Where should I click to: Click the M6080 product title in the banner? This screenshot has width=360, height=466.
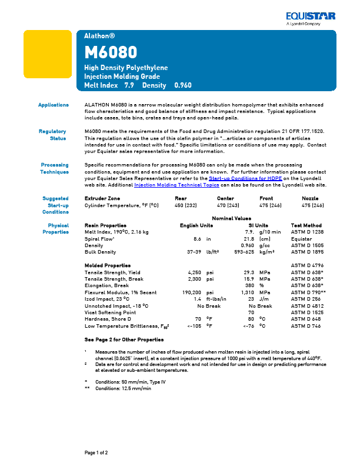[111, 52]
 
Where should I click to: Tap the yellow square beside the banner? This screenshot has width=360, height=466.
[46, 54]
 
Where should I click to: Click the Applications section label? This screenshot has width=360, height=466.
[54, 105]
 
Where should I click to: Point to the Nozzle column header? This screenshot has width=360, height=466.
[310, 199]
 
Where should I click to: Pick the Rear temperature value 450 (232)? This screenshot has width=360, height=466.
[186, 205]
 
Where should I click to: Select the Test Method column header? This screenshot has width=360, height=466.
[306, 225]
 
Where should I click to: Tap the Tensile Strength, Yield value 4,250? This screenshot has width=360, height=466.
[194, 272]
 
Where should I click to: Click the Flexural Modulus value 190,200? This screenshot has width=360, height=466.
[192, 292]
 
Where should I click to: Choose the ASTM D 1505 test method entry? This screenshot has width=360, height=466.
[306, 245]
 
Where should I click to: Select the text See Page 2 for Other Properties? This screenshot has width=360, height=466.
[124, 340]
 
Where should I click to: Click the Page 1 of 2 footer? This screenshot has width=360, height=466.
[96, 452]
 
